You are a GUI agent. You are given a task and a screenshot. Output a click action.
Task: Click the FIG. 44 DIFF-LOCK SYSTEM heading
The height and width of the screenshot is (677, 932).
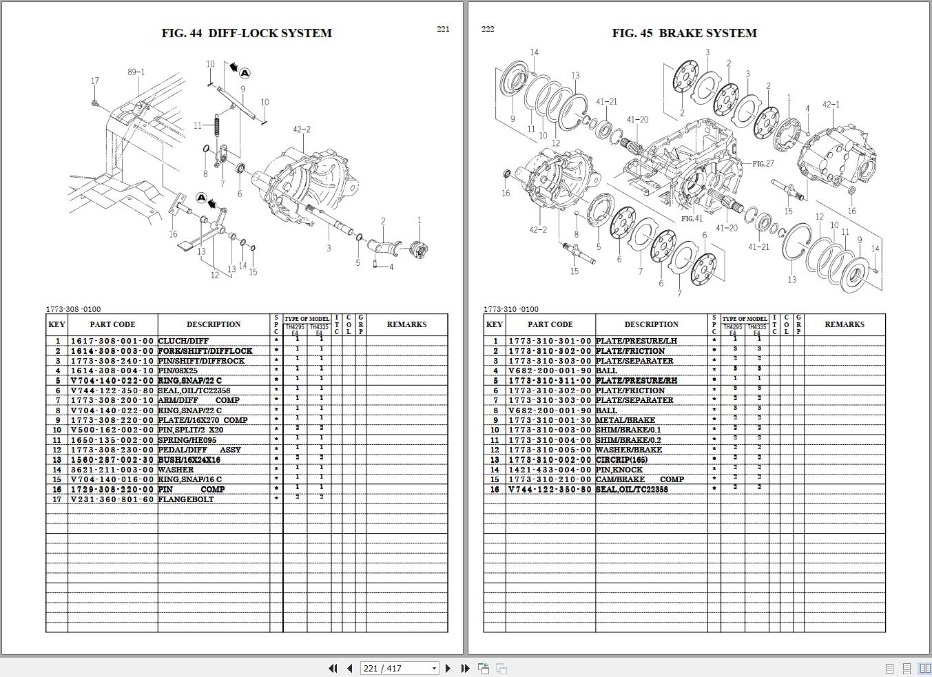coord(247,33)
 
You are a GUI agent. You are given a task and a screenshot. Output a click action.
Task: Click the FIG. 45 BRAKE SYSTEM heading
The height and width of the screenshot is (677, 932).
coord(684,33)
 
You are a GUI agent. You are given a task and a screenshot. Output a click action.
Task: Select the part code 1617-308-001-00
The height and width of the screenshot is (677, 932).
coord(112,341)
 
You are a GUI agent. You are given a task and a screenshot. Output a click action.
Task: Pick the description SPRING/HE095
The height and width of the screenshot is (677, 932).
coord(187,440)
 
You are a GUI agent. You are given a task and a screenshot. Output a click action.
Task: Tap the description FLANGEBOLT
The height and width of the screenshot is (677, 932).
coord(185,499)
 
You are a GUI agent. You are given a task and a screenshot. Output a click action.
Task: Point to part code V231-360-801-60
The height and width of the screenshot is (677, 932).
coord(112,499)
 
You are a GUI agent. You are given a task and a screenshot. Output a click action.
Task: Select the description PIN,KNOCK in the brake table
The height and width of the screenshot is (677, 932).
coord(619,470)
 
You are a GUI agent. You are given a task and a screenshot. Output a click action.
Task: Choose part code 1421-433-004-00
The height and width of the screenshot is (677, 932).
coord(550,470)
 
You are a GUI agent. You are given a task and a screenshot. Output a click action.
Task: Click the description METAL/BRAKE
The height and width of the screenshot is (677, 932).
coord(625,420)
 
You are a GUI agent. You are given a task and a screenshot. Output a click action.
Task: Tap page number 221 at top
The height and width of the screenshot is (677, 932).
coord(443,29)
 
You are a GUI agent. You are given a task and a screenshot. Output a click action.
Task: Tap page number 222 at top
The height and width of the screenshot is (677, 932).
coord(488,29)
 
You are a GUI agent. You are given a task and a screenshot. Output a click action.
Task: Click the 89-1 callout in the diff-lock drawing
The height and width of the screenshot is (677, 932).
coord(136,72)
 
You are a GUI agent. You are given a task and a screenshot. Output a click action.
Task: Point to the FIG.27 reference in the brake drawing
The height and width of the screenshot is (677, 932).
coord(763,164)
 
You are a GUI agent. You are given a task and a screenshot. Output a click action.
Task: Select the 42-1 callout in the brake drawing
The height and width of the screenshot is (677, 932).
coord(831,105)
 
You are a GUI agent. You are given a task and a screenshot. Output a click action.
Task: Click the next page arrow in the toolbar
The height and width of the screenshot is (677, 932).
coord(448,668)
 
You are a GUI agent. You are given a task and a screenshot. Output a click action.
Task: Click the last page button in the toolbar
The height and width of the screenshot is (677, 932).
coord(465,668)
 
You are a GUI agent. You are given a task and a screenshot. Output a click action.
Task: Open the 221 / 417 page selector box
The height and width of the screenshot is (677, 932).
coord(400,668)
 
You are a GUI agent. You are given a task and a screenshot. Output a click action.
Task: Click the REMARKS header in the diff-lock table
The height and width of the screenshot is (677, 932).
coord(406,324)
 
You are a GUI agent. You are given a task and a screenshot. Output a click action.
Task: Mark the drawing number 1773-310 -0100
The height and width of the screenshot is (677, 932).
coord(511,309)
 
